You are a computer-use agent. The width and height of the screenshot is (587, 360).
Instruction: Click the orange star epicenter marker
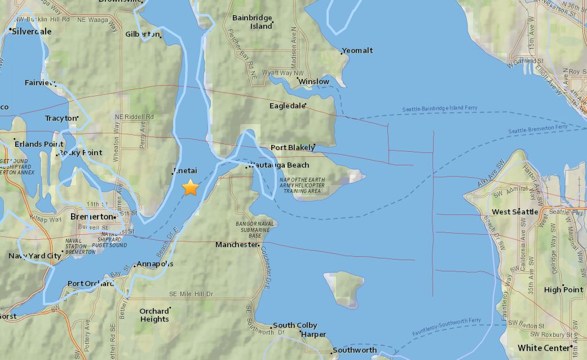[x=191, y=187]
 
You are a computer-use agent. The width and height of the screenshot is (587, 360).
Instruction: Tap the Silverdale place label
[x=32, y=32]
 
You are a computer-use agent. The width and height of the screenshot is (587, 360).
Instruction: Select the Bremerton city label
[x=91, y=217]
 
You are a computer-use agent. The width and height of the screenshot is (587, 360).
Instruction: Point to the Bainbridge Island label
[x=253, y=22]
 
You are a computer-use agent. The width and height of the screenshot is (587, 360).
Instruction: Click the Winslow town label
[x=314, y=82]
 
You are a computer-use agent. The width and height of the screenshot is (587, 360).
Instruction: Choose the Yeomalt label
[x=358, y=51]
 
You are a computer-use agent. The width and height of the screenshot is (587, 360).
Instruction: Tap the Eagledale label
[x=287, y=106]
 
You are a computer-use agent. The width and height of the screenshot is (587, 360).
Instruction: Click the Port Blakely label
[x=292, y=148]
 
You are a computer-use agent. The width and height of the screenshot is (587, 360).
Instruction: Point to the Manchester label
[x=236, y=245]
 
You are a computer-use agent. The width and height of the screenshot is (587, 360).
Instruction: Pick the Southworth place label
[x=355, y=350]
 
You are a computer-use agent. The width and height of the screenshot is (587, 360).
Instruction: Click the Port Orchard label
[x=90, y=284]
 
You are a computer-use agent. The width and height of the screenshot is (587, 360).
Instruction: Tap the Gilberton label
[x=143, y=34]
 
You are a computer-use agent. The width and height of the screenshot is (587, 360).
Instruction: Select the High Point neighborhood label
[x=563, y=289]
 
